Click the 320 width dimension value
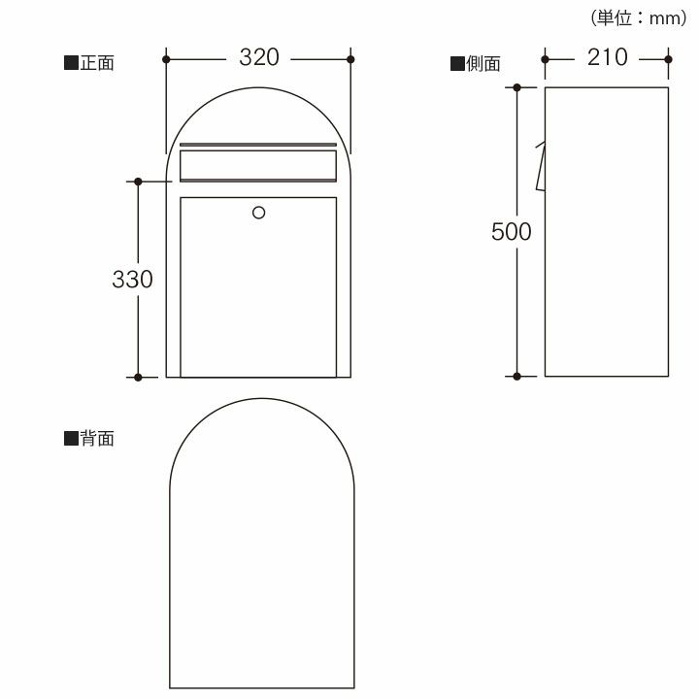(259, 57)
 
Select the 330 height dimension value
(132, 280)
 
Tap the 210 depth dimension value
(607, 57)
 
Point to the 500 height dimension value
(512, 231)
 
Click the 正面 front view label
(97, 63)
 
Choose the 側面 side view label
(483, 64)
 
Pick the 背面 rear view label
(97, 439)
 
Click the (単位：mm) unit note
(639, 18)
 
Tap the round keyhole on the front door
(258, 213)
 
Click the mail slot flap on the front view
(258, 166)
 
